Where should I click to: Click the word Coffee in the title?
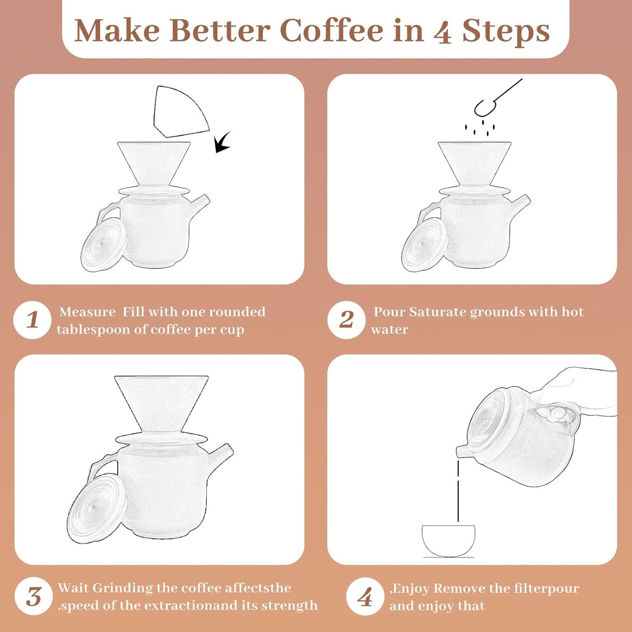[331, 31]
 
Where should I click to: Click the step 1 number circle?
[32, 320]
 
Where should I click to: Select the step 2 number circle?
[346, 320]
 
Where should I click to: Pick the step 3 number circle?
[33, 597]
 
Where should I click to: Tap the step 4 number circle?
[365, 597]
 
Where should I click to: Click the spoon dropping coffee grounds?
[494, 98]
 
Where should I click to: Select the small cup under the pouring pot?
[448, 541]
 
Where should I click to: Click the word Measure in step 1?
[87, 312]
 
